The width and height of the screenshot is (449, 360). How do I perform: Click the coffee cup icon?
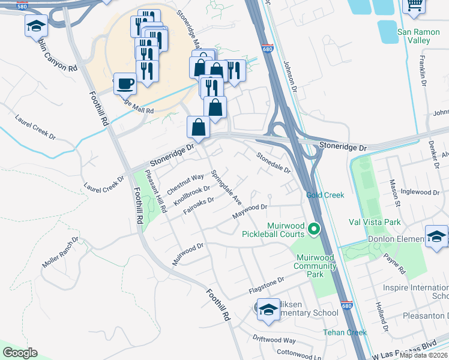[125, 84]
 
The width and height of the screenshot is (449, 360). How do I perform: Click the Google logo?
[20, 353]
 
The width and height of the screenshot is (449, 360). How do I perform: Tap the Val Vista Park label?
[375, 222]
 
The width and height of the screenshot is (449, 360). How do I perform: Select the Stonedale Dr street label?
[274, 163]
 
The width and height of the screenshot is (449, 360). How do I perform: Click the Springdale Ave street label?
[226, 187]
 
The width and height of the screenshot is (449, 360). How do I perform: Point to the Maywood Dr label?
[250, 211]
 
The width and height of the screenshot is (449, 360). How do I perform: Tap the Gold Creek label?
[325, 195]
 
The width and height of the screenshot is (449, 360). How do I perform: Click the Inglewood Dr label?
[420, 192]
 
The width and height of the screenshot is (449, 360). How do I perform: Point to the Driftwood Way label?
[274, 339]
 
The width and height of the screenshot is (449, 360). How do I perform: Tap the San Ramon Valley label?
[414, 36]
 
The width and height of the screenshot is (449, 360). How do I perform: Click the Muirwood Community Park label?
[318, 266]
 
